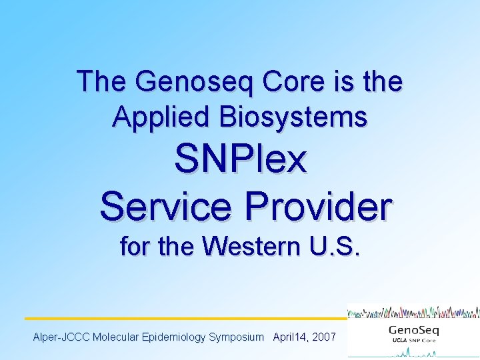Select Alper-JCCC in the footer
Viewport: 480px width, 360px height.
click(61, 337)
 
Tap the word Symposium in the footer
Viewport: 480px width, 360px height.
click(236, 337)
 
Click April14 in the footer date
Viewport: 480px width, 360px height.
click(289, 337)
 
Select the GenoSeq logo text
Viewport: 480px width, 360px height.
click(413, 331)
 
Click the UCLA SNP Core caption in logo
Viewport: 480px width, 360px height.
click(413, 343)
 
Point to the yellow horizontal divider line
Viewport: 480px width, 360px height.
click(187, 319)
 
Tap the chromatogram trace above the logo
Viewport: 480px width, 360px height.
click(413, 311)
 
